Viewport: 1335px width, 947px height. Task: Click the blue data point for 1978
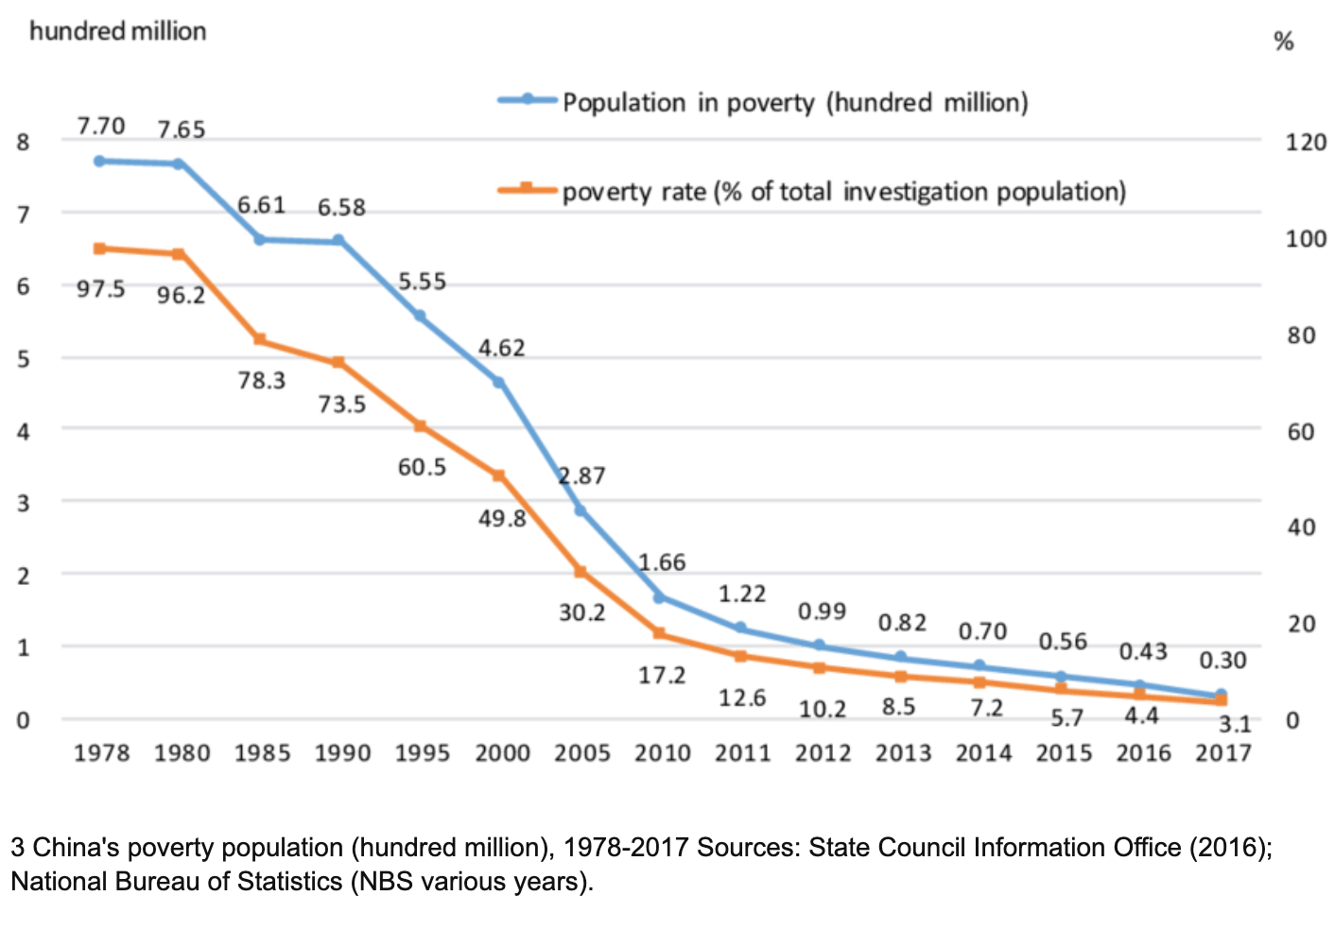point(99,161)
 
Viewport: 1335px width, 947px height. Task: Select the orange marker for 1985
point(259,339)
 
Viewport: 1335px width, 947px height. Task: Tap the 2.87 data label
point(581,475)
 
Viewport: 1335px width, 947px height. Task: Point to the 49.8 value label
point(502,519)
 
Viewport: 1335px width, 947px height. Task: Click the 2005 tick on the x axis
point(581,753)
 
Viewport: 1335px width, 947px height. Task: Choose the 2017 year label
point(1222,753)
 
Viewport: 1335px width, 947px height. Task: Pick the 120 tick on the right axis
point(1306,143)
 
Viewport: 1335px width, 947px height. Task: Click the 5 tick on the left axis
point(24,359)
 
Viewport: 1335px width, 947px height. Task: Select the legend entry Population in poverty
point(794,102)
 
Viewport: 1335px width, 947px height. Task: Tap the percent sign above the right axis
point(1283,42)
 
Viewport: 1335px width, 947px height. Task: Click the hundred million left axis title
point(117,31)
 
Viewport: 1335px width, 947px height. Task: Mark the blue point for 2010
point(659,597)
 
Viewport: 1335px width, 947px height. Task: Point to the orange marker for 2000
point(498,475)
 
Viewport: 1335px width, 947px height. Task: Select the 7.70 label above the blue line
point(101,127)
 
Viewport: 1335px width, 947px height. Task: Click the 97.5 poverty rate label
point(101,289)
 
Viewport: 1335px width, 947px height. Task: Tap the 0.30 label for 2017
point(1222,661)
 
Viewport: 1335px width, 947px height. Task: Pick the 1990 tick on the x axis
point(341,753)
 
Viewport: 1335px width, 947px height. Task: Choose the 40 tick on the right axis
point(1301,527)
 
